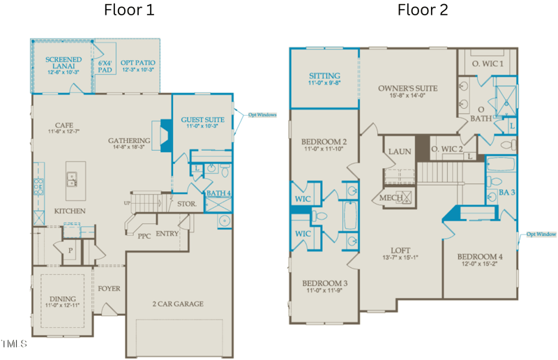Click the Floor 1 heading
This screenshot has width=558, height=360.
[129, 10]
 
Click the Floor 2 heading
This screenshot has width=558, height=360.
[423, 10]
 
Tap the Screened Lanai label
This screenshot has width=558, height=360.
[63, 60]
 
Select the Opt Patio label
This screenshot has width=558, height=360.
[137, 63]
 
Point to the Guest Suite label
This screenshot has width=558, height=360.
[202, 120]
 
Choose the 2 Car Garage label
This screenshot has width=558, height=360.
[178, 303]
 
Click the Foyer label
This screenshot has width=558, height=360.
[110, 287]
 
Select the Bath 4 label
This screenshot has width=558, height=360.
[218, 193]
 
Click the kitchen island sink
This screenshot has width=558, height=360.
[72, 180]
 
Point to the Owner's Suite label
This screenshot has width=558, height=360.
[407, 89]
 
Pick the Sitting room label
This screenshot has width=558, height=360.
[324, 76]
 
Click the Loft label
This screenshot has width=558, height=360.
[400, 250]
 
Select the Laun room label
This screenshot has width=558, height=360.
[400, 151]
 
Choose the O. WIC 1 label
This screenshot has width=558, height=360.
[488, 64]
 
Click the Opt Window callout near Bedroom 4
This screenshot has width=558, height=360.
[541, 234]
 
